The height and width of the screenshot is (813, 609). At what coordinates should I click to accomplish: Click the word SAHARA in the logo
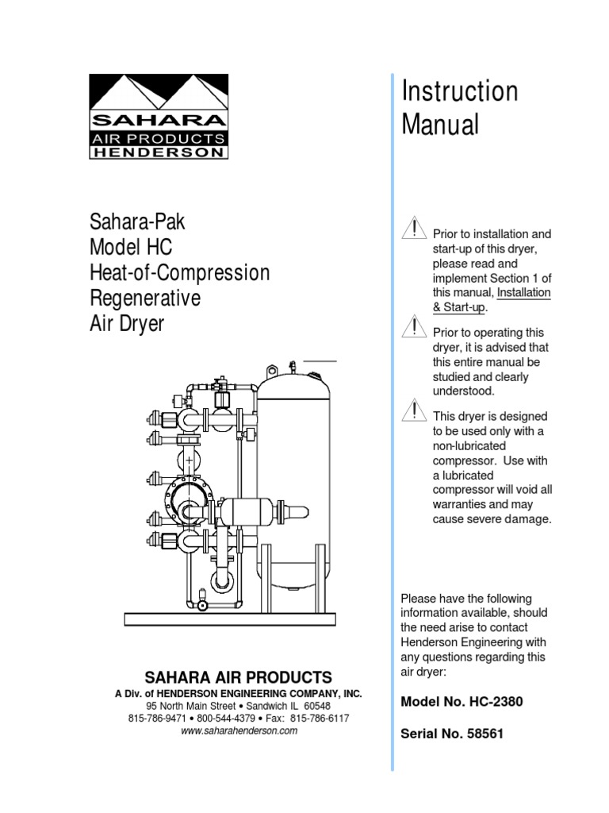click(159, 121)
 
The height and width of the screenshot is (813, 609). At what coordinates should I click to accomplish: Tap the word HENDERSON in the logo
click(159, 153)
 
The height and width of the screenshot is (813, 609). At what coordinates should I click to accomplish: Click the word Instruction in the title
click(460, 91)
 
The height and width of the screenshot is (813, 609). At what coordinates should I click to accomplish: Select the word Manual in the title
click(441, 125)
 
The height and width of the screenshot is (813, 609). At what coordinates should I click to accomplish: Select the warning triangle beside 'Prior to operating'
click(412, 326)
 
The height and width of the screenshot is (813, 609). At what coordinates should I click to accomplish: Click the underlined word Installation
click(524, 293)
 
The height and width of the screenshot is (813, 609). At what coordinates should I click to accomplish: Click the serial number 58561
click(485, 734)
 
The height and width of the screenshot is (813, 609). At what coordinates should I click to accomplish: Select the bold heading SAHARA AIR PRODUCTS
click(238, 677)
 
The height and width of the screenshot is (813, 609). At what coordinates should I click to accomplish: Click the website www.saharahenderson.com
click(239, 731)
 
